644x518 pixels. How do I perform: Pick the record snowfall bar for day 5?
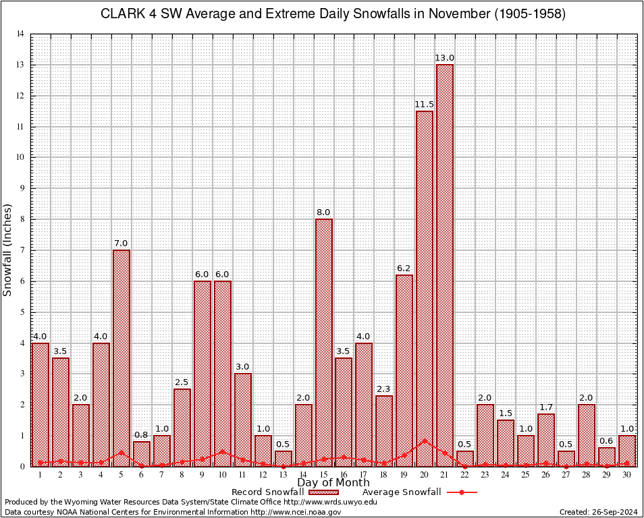pos(122,357)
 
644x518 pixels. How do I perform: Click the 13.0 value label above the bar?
pos(445,58)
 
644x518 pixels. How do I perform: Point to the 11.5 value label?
pos(425,105)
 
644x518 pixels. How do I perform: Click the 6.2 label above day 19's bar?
pos(404,268)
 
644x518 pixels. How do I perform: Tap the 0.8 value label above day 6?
pos(142,434)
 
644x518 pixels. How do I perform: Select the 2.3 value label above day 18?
pos(384,388)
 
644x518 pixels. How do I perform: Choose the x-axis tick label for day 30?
pos(627,475)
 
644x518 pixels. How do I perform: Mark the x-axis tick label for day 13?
pos(283,475)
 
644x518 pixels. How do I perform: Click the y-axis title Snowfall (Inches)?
pos(8,250)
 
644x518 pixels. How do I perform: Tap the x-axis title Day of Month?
pos(333,483)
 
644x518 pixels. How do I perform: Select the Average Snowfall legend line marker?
pos(462,492)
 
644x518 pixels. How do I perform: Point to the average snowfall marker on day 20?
pos(425,440)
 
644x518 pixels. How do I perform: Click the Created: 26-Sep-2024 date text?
pos(598,512)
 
